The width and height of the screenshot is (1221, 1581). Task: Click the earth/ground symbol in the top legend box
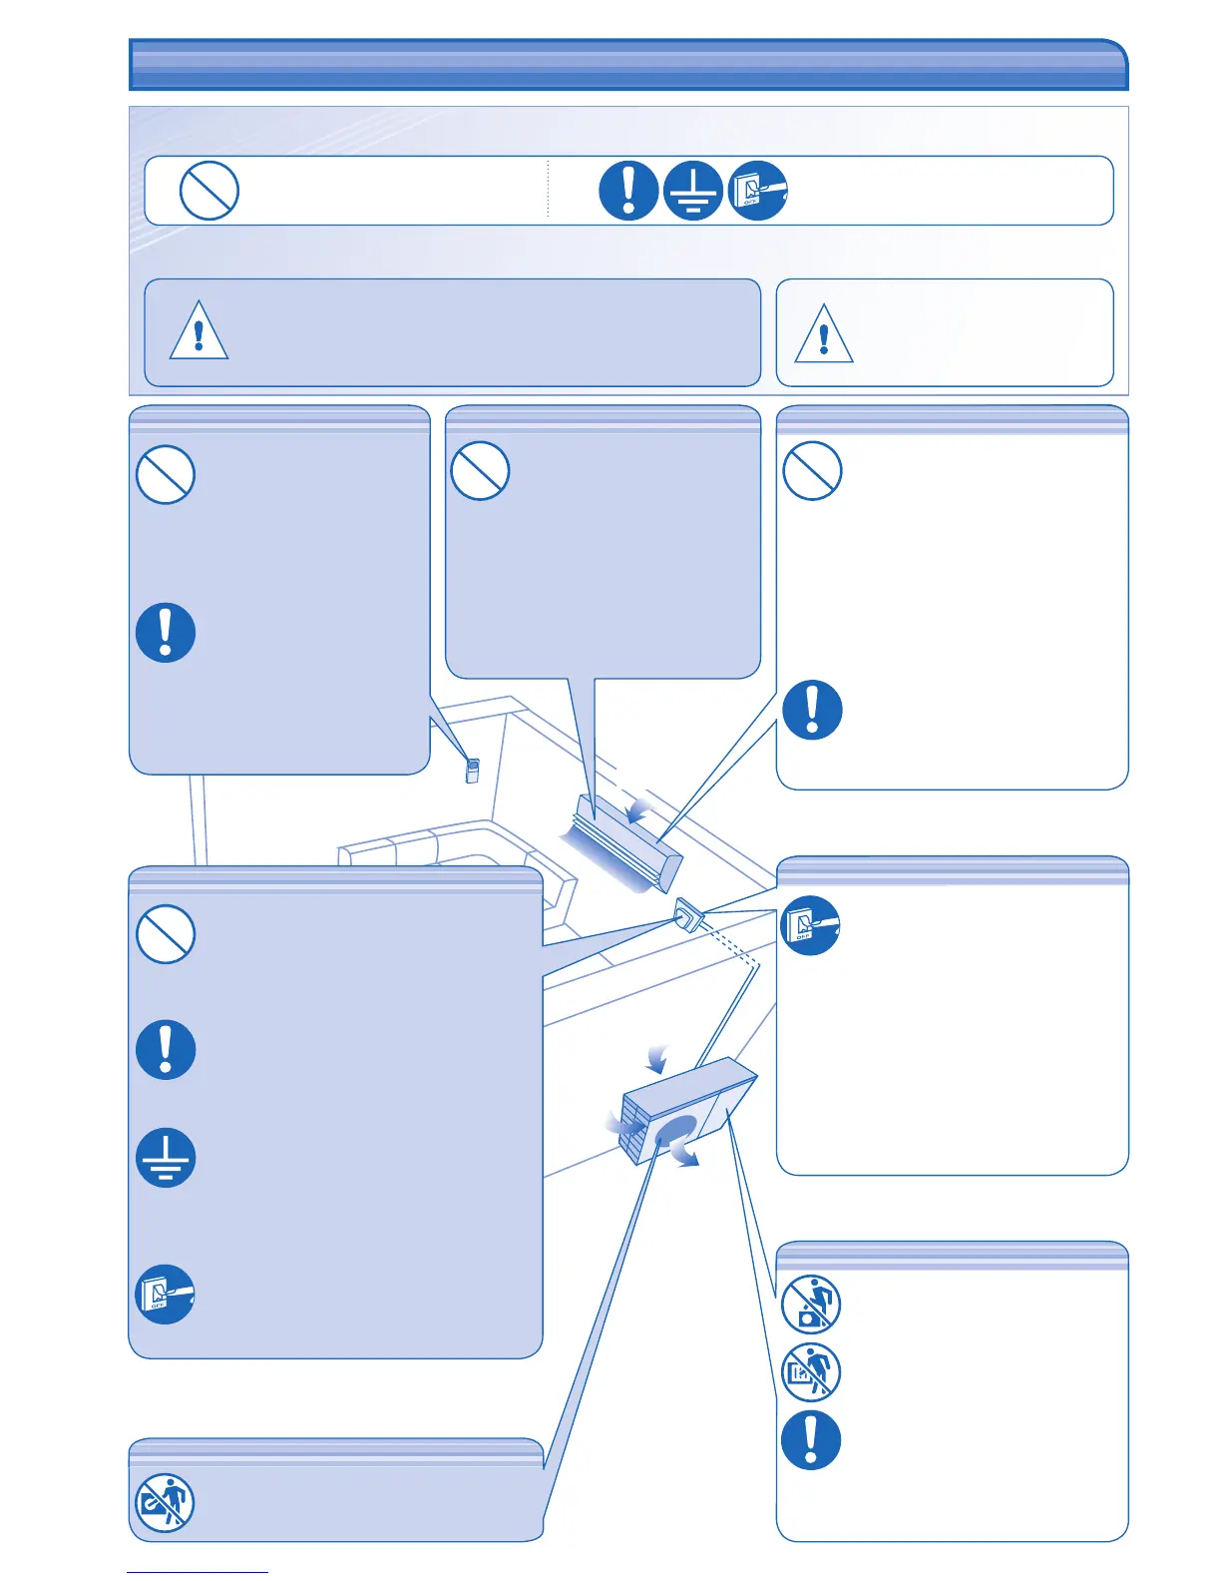click(x=692, y=190)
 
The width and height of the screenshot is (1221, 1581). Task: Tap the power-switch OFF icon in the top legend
click(x=758, y=190)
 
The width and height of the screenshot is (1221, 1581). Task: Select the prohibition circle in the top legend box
click(x=209, y=190)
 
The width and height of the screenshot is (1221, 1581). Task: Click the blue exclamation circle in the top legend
click(x=628, y=190)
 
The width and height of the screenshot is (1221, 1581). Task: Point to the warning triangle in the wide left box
click(x=199, y=332)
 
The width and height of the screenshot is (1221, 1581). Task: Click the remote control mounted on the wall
click(x=473, y=770)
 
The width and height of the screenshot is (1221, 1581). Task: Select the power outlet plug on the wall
click(x=688, y=913)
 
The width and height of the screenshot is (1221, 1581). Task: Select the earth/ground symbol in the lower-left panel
click(x=166, y=1158)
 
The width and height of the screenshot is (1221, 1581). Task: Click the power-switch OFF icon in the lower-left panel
click(x=166, y=1295)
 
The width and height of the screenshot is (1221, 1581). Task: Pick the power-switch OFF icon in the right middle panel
click(x=810, y=926)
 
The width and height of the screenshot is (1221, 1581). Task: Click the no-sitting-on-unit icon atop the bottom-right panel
click(x=811, y=1305)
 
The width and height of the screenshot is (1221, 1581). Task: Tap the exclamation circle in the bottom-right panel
click(x=811, y=1440)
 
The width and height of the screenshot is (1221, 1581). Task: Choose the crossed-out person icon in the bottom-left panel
click(x=165, y=1503)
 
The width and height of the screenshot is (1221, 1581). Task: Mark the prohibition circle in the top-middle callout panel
click(x=480, y=471)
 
